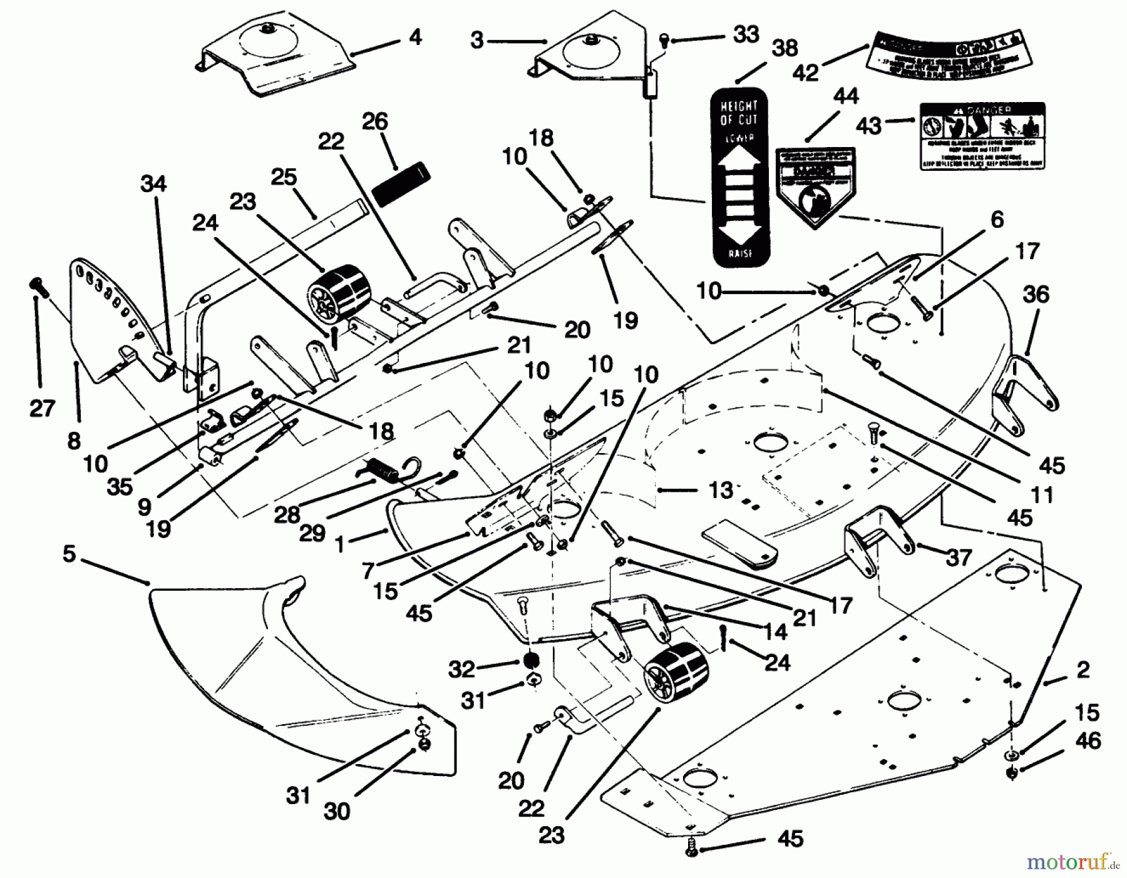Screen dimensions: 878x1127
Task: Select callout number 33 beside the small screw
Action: (746, 34)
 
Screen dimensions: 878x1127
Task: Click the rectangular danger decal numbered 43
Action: (982, 136)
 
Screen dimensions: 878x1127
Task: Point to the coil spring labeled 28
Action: (383, 470)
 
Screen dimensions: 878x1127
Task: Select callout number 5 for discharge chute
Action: (69, 554)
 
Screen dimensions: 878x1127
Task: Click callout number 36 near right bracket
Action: (1035, 294)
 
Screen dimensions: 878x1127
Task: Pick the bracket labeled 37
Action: (877, 538)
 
